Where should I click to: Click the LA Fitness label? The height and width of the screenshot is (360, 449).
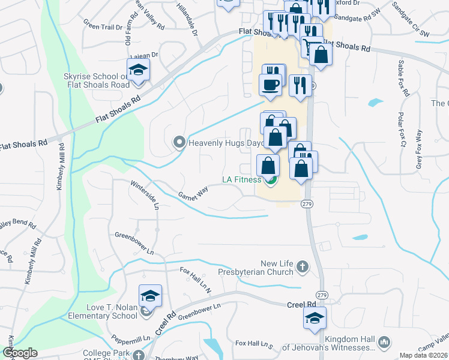click(241, 179)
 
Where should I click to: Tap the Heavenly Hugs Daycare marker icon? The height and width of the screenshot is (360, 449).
click(179, 143)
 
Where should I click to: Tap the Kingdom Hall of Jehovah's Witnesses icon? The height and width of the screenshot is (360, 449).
click(384, 343)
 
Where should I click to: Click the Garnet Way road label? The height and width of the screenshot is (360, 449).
click(193, 193)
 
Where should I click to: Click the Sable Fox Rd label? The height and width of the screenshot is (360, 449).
click(402, 79)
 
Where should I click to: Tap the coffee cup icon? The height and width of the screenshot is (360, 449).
click(270, 85)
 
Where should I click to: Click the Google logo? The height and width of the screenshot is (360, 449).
click(20, 353)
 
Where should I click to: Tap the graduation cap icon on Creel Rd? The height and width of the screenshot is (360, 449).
click(315, 319)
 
